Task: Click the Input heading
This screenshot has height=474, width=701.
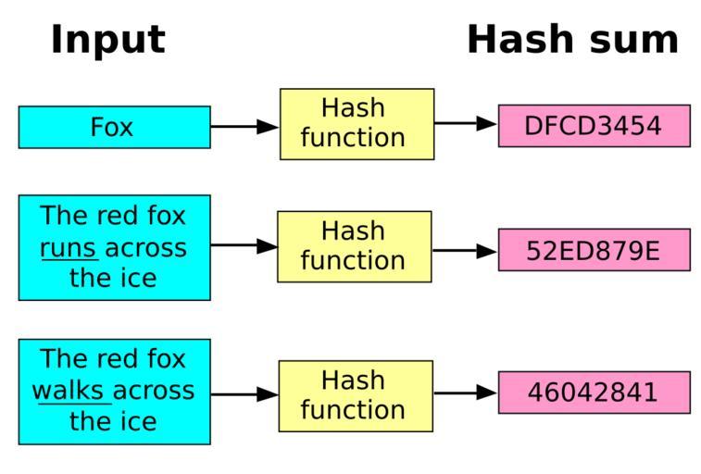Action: (x=107, y=41)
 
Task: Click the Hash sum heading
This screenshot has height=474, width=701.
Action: (x=572, y=41)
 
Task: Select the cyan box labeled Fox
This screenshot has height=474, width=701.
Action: (x=114, y=127)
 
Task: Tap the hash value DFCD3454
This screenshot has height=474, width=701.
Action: (x=594, y=126)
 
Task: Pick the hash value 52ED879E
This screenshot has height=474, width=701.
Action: (x=594, y=250)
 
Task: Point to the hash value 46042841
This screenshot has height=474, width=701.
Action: (x=594, y=393)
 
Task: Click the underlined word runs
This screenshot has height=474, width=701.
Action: (x=69, y=248)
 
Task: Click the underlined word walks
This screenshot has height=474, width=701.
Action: (x=70, y=391)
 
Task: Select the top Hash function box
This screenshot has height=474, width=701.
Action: (x=357, y=123)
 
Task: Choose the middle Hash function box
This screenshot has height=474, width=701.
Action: (x=354, y=246)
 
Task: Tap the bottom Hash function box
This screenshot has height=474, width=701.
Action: (x=355, y=395)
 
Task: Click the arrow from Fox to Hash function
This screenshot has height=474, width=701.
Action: (x=244, y=127)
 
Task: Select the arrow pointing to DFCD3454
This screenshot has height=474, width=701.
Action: (x=466, y=123)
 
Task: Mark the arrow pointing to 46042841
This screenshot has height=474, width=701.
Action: (x=466, y=393)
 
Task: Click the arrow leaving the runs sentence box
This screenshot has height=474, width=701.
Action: (x=244, y=245)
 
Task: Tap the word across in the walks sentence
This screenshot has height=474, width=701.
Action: (x=154, y=391)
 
